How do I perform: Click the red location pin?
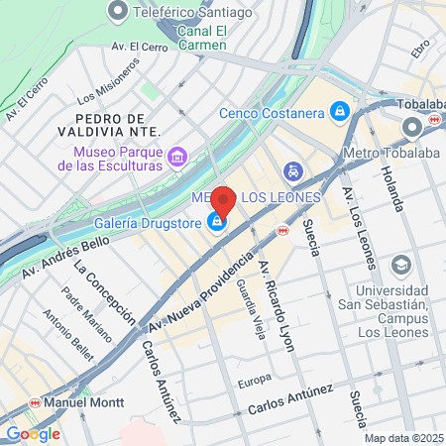point(223,201)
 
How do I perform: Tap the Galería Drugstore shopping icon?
point(215,222)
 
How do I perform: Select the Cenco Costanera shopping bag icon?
point(340,110)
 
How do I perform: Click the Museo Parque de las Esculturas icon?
point(177,156)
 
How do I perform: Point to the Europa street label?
point(254,382)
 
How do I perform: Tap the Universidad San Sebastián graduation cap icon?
point(400,264)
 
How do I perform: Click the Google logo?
point(33,433)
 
